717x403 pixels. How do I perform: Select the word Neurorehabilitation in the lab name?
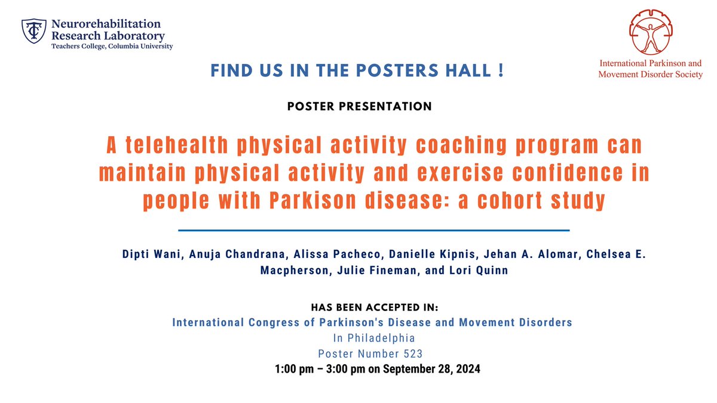pos(106,24)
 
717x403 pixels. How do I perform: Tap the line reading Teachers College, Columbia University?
pos(112,47)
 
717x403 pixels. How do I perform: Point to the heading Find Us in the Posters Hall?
pos(358,71)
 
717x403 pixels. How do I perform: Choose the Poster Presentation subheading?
pos(359,107)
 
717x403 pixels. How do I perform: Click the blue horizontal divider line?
pos(374,230)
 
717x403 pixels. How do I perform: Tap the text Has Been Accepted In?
pos(375,307)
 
